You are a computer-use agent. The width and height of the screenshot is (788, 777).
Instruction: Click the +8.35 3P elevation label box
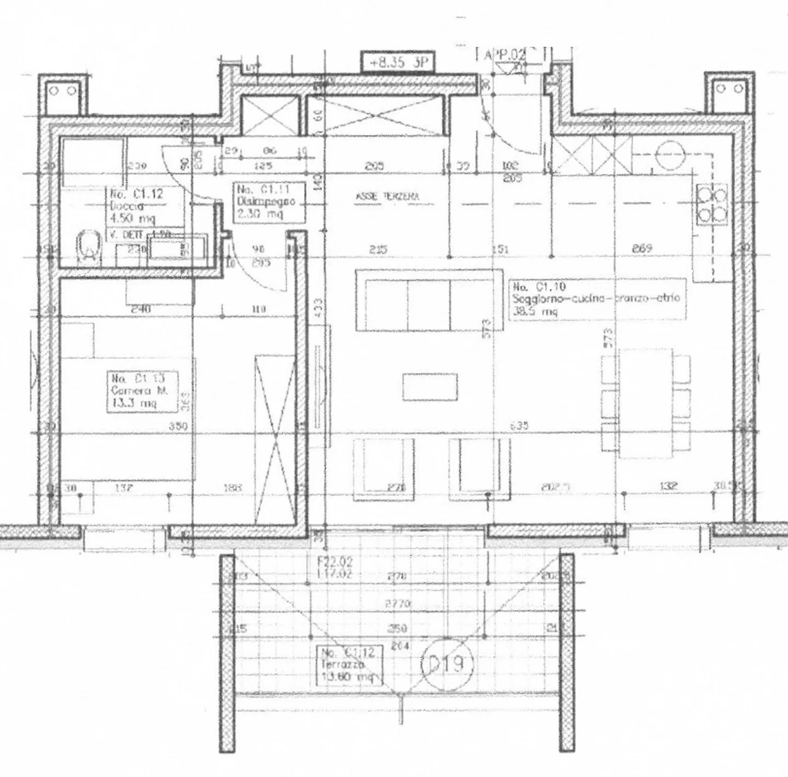[397, 62]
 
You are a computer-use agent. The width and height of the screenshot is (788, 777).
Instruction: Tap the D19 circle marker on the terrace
[445, 664]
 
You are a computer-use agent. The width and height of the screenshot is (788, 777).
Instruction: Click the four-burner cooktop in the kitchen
[711, 204]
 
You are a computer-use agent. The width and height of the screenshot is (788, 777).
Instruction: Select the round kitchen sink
[671, 154]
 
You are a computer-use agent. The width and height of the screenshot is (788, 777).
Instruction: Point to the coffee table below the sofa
[430, 387]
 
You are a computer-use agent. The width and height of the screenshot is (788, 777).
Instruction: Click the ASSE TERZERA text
[387, 197]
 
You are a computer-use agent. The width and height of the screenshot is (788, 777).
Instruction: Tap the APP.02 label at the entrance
[504, 55]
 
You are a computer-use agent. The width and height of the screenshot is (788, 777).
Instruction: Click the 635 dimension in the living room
[519, 425]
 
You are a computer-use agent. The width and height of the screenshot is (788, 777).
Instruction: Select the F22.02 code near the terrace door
[335, 561]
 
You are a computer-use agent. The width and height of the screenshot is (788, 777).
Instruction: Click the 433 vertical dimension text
[318, 312]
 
